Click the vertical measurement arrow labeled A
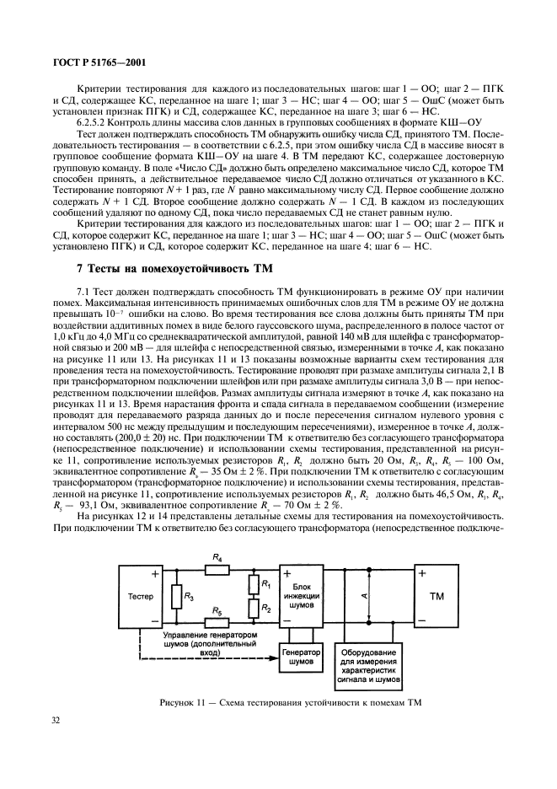click(365, 599)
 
